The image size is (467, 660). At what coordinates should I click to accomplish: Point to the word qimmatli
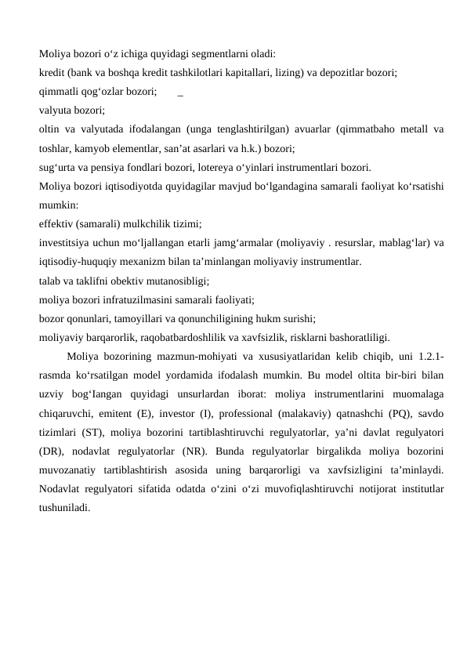pos(56,92)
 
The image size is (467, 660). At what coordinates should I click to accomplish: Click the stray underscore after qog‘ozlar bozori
pos(181,92)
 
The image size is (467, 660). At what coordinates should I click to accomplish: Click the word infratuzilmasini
pos(137,299)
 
